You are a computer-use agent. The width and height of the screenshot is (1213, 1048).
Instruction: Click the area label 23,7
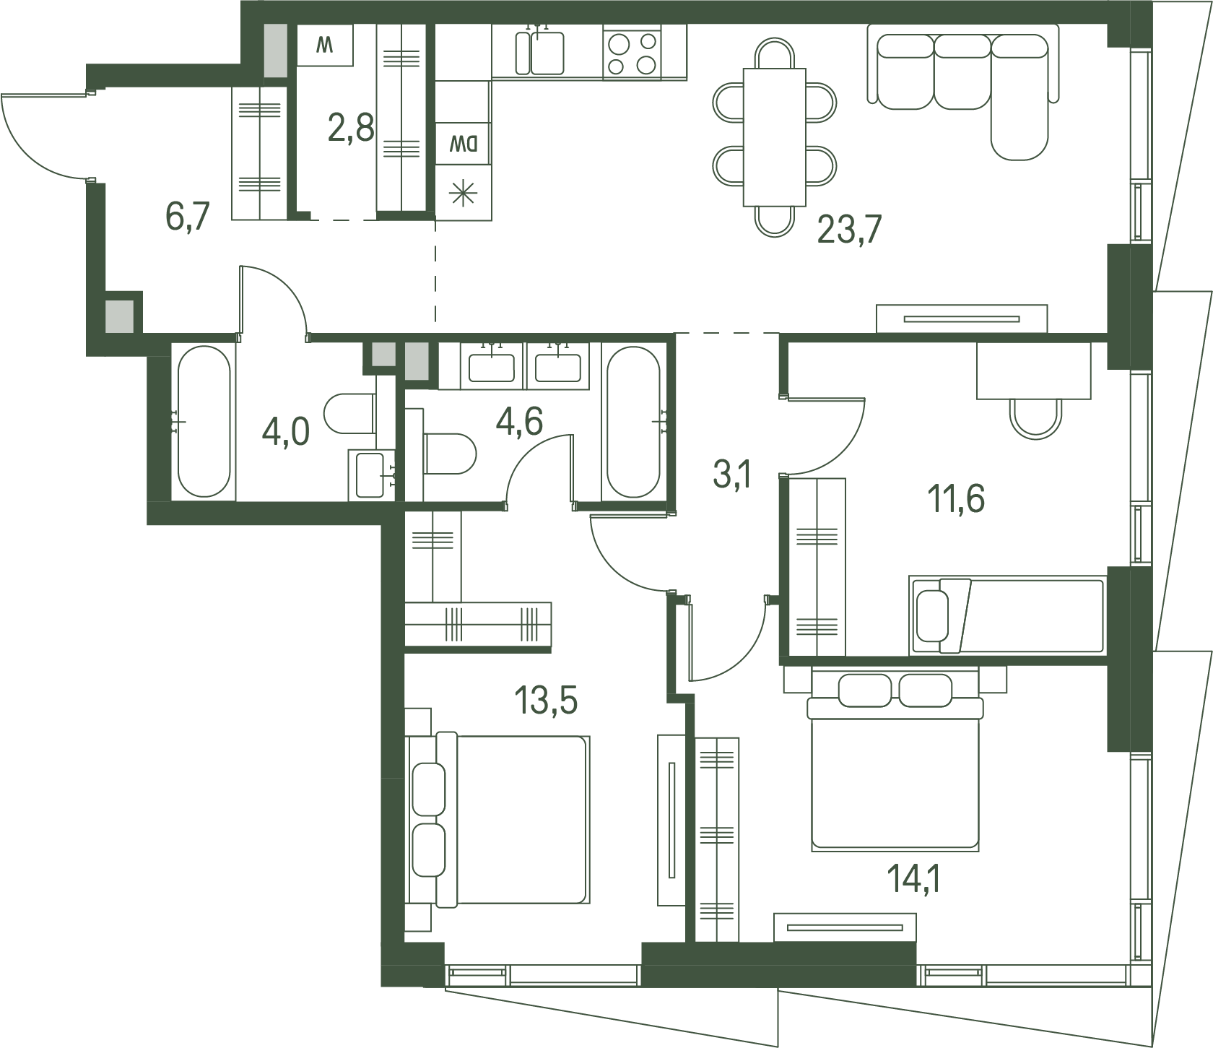tap(849, 230)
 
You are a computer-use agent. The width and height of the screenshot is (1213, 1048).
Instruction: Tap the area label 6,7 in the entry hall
tap(188, 216)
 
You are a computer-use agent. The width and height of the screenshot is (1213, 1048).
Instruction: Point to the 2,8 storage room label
tap(351, 128)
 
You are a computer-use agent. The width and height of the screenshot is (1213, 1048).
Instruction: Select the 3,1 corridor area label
tap(733, 476)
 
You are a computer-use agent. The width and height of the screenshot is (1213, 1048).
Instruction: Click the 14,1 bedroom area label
tap(913, 879)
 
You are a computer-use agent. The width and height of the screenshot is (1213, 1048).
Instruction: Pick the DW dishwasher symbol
tap(463, 144)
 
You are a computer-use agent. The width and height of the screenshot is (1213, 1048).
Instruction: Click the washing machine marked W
tap(325, 46)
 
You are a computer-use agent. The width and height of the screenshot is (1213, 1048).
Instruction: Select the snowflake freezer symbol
tap(463, 193)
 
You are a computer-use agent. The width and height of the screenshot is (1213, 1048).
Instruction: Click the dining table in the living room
tap(775, 137)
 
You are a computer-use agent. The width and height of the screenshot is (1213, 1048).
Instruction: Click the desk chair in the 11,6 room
tap(1035, 418)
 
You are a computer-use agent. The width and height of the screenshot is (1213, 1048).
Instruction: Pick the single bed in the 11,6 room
tap(1007, 615)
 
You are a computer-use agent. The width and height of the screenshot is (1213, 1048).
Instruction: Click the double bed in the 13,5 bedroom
tap(498, 819)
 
